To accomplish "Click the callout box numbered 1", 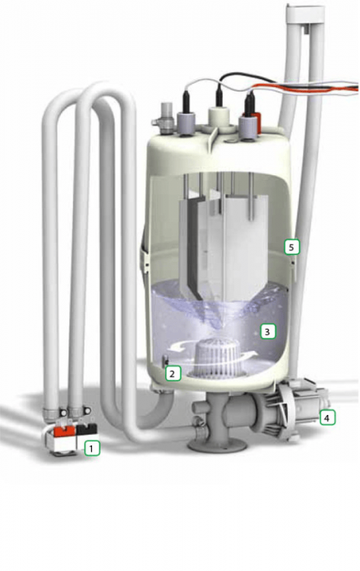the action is pyautogui.click(x=91, y=448).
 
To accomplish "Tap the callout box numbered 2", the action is pyautogui.click(x=173, y=373).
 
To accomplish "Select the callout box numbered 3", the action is pyautogui.click(x=268, y=331).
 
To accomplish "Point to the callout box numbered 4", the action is pyautogui.click(x=327, y=418).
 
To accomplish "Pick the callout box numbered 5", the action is pyautogui.click(x=292, y=247).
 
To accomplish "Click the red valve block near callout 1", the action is pyautogui.click(x=65, y=431).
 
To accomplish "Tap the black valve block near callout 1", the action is pyautogui.click(x=87, y=429).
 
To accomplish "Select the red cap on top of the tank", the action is pyautogui.click(x=256, y=123).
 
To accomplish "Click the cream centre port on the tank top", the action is pyautogui.click(x=219, y=116).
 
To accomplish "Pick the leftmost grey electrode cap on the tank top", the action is pyautogui.click(x=186, y=123).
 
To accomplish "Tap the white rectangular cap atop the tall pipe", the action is pyautogui.click(x=305, y=14).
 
